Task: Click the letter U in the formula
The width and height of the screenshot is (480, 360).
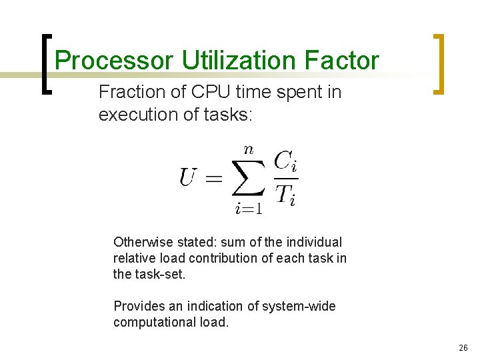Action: tap(189, 177)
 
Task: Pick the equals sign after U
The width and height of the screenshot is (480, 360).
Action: tap(213, 178)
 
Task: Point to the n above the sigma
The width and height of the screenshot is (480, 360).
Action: tap(249, 149)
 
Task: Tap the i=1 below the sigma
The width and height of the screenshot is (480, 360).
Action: tap(249, 209)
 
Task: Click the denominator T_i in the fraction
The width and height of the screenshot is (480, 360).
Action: tap(285, 195)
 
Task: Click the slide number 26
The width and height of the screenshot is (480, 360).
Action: tap(463, 347)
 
